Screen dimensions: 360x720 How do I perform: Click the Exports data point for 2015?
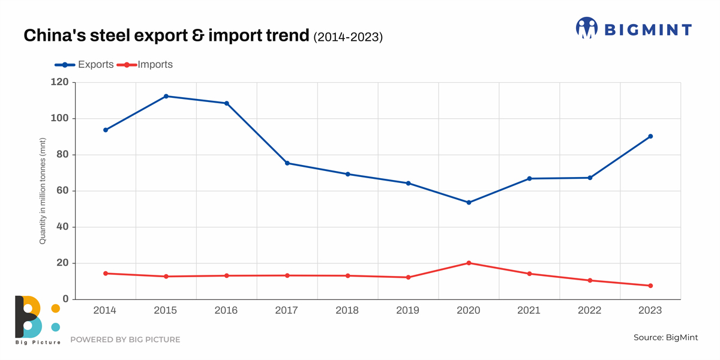pyautogui.click(x=166, y=96)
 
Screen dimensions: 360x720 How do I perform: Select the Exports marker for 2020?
pyautogui.click(x=469, y=202)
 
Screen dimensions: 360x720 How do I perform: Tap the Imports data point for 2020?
pyautogui.click(x=469, y=263)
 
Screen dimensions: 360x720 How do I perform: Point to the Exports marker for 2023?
pyautogui.click(x=650, y=136)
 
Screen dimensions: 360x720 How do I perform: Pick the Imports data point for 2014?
pyautogui.click(x=106, y=274)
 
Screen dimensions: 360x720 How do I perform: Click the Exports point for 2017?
pyautogui.click(x=287, y=163)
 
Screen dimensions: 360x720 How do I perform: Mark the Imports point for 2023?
pyautogui.click(x=650, y=286)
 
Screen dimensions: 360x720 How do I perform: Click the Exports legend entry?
pyautogui.click(x=84, y=65)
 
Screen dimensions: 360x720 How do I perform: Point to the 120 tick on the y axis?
pyautogui.click(x=61, y=82)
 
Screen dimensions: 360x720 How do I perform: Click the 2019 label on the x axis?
pyautogui.click(x=408, y=310)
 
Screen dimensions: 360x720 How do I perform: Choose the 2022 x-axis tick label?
pyautogui.click(x=590, y=310)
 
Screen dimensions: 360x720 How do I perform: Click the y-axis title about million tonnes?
pyautogui.click(x=43, y=191)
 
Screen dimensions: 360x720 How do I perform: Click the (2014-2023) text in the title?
pyautogui.click(x=348, y=37)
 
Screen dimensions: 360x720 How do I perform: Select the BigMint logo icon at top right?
pyautogui.click(x=587, y=28)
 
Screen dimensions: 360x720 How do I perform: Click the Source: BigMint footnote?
pyautogui.click(x=665, y=338)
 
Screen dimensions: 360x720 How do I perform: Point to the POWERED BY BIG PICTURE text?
pyautogui.click(x=125, y=340)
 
